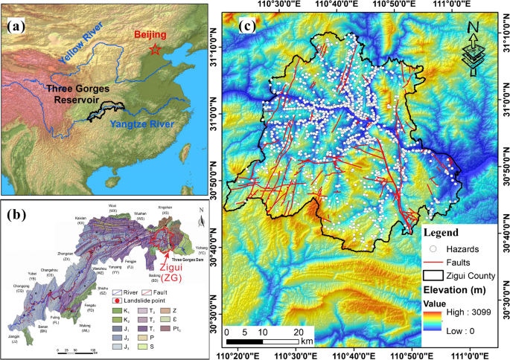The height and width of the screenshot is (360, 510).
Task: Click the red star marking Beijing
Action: pos(154,50)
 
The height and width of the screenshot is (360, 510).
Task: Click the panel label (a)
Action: pos(17,28)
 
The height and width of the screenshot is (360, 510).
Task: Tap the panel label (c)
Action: pos(248,29)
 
